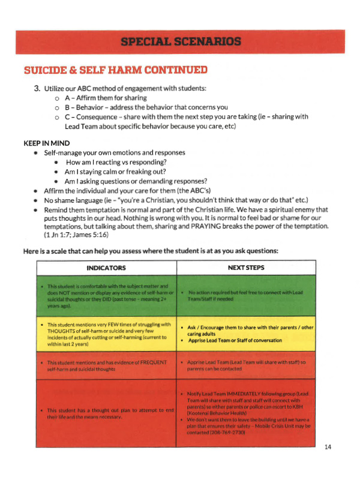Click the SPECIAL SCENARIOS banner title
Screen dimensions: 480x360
[180, 41]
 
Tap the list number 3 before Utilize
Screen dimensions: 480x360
[37, 89]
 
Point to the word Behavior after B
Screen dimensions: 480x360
[91, 108]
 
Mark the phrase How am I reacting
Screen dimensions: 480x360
[96, 163]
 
